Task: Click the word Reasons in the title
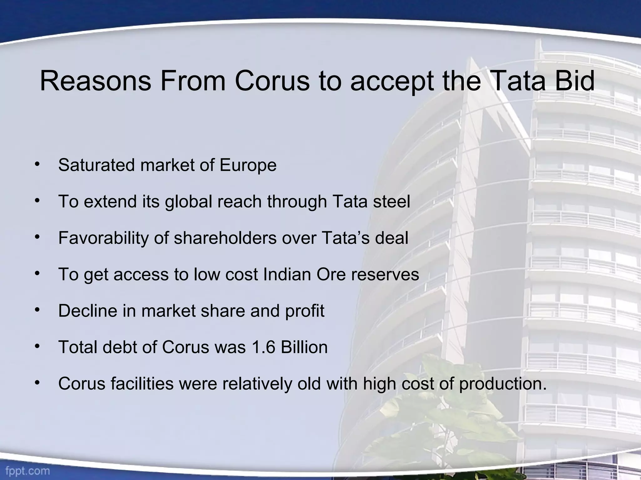pyautogui.click(x=95, y=81)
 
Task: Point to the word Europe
pyautogui.click(x=248, y=166)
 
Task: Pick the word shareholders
pyautogui.click(x=225, y=238)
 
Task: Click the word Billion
pyautogui.click(x=304, y=347)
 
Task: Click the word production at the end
pyautogui.click(x=502, y=384)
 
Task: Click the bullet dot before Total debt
pyautogui.click(x=38, y=346)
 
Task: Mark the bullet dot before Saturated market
pyautogui.click(x=38, y=164)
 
